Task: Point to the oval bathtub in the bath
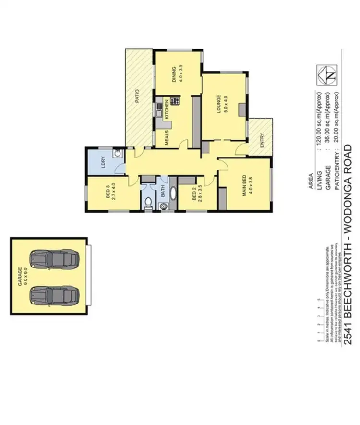[x=172, y=197]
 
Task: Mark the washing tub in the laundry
[x=116, y=154]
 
